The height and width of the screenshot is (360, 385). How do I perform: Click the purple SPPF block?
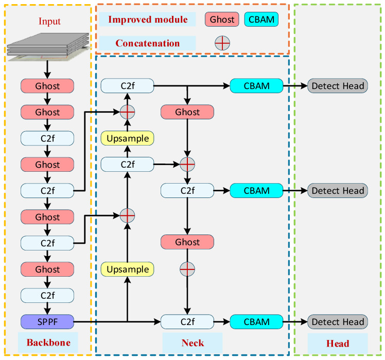(47, 321)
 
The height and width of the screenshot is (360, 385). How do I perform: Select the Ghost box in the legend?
(222, 19)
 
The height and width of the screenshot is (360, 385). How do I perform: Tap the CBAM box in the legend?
(261, 19)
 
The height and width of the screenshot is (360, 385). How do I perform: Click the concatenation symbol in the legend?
(222, 43)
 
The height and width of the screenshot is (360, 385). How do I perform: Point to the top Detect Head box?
(338, 86)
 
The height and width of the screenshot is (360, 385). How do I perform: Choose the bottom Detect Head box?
(338, 321)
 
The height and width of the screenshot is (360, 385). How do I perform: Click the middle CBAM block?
(256, 190)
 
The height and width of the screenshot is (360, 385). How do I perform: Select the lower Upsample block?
(128, 269)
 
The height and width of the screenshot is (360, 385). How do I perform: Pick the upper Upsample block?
(128, 138)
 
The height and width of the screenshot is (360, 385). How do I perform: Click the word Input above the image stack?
(49, 22)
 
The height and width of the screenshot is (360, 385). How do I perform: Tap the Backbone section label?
(48, 343)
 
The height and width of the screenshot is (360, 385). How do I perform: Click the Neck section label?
(192, 343)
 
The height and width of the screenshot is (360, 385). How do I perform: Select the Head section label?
(338, 344)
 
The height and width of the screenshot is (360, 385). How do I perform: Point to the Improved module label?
(148, 20)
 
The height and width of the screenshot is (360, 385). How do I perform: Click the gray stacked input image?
(48, 47)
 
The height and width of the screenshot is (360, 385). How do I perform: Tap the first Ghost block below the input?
(47, 86)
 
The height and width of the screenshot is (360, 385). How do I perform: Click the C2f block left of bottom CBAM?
(187, 321)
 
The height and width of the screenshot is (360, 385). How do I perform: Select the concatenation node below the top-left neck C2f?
(127, 112)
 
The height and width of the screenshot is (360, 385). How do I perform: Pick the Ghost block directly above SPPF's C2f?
(47, 269)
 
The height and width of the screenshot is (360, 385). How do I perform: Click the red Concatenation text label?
(148, 43)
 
